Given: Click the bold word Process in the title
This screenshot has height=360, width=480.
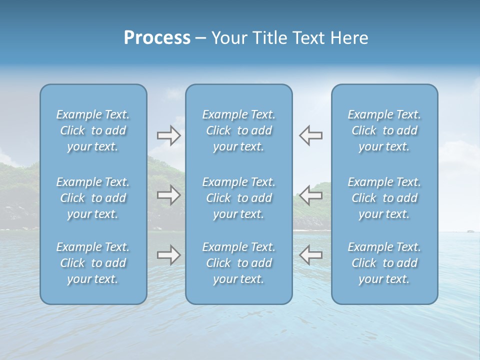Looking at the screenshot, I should point(157,38).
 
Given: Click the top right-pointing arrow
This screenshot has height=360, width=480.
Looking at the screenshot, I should point(168,135).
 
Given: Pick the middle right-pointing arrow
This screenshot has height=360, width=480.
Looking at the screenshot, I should point(168,195).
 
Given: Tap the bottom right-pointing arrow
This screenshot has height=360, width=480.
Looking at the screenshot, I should point(168,255).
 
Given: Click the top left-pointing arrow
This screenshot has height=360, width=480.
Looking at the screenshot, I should point(310,135).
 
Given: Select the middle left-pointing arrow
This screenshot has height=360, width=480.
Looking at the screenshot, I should point(310,195).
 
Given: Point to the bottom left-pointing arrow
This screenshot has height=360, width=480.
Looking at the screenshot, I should point(310,255).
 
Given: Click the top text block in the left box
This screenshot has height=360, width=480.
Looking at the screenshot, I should point(93,130).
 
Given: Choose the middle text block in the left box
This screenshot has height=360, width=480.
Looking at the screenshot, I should point(93,198).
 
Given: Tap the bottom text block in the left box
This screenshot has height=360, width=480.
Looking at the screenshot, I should point(93,263).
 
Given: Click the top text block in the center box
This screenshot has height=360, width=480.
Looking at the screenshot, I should point(239,130).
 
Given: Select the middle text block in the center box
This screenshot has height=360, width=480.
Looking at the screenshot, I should point(239,198).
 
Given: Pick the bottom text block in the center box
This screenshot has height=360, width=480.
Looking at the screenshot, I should point(239,263).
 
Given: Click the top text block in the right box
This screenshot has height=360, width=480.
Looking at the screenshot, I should point(384,130).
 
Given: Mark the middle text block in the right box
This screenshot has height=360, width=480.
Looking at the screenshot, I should point(384,198).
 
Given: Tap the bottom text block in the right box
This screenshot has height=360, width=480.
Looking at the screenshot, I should point(384,263).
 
